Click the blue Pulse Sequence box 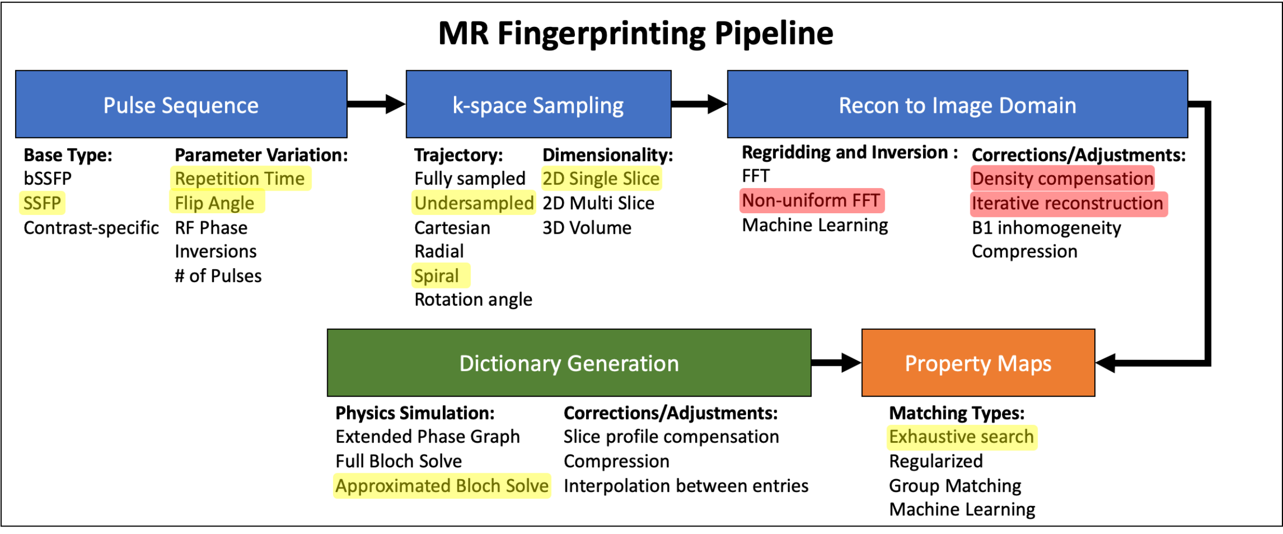point(181,104)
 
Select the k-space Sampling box point(538,104)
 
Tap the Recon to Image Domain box point(957,104)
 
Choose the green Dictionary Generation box point(569,363)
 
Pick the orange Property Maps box point(978,363)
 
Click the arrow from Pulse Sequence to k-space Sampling point(376,104)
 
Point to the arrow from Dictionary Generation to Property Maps point(836,363)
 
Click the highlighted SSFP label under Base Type point(42,203)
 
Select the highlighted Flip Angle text point(214,203)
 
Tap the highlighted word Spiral point(437,276)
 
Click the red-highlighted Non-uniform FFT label point(811,200)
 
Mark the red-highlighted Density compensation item point(1063,178)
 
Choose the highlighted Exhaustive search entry point(961,437)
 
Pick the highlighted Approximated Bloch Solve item point(442,486)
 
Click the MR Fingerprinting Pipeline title point(636,33)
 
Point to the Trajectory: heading point(458,155)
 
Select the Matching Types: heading point(956,413)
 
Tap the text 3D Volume point(587,228)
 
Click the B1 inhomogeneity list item point(1046,228)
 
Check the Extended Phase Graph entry point(428,437)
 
